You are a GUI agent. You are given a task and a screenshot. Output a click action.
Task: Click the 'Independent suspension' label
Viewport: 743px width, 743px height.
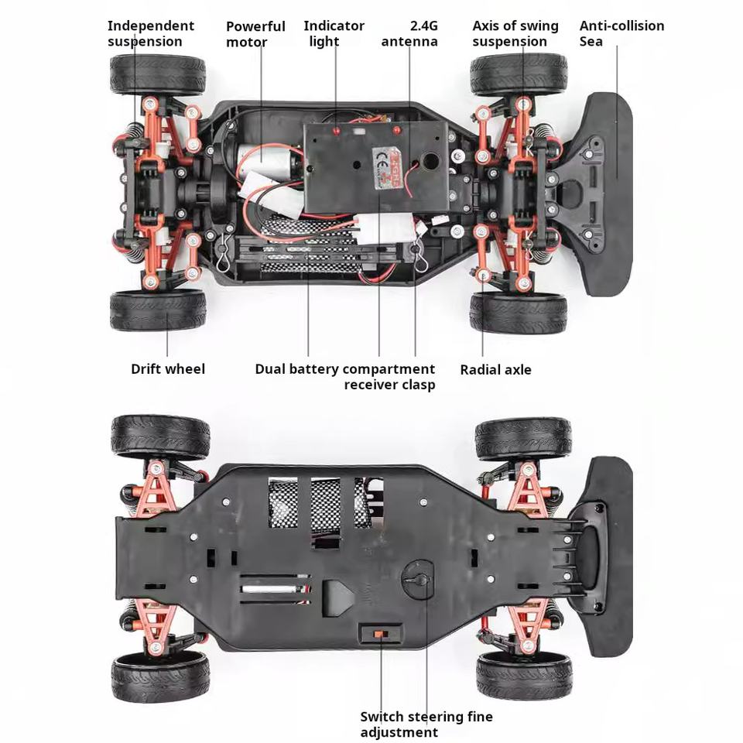click(x=151, y=33)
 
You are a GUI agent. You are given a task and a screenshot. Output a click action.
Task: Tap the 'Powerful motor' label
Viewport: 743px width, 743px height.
click(x=255, y=34)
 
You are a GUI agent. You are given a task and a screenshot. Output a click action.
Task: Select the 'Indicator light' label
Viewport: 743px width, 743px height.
click(x=334, y=33)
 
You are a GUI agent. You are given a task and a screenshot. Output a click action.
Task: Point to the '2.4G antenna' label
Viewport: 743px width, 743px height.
click(x=409, y=33)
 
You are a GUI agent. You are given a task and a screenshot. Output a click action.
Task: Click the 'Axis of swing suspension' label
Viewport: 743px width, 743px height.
click(x=515, y=33)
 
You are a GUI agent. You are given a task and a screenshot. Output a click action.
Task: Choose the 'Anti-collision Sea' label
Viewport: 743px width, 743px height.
click(x=621, y=33)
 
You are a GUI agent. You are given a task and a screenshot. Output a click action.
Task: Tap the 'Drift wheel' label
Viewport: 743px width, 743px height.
click(x=168, y=369)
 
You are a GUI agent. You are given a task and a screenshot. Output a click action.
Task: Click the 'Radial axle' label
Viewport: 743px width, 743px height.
click(x=495, y=370)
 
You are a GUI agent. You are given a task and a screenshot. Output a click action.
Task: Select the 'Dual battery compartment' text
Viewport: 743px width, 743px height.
click(x=344, y=369)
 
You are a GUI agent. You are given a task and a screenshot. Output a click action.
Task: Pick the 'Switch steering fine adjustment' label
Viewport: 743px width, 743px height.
click(x=426, y=724)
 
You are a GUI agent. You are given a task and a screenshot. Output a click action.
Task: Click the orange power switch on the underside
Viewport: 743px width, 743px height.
click(x=380, y=634)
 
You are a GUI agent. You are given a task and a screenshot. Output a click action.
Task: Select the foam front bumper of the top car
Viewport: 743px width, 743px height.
click(x=608, y=193)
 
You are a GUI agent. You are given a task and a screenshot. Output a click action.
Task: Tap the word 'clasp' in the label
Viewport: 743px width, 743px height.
click(x=418, y=385)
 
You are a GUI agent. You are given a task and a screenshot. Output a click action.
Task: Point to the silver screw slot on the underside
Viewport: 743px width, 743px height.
click(x=275, y=590)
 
